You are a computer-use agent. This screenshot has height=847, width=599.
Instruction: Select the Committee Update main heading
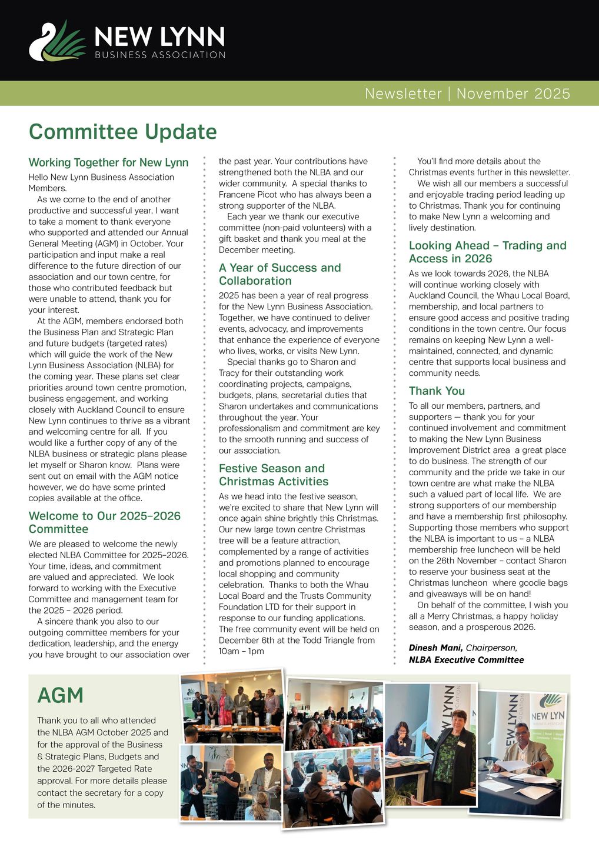pos(122,131)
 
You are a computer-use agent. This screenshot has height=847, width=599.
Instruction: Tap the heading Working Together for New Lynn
pos(108,162)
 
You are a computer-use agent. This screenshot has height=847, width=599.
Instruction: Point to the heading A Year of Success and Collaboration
pos(279,274)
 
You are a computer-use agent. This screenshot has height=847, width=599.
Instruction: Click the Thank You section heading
pos(437,391)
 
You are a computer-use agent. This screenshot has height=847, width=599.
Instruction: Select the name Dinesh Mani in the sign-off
pos(435,648)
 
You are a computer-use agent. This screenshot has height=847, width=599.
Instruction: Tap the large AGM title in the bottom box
pos(60,695)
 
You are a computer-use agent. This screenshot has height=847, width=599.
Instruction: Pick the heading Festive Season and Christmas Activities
pos(273,475)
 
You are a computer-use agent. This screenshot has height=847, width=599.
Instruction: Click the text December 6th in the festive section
pos(243,640)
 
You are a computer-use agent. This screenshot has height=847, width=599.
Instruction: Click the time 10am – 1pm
pos(241,651)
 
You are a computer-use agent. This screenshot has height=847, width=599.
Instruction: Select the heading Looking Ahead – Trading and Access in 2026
pos(487,252)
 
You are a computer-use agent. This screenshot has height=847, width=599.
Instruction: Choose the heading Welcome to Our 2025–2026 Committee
pos(104,522)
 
